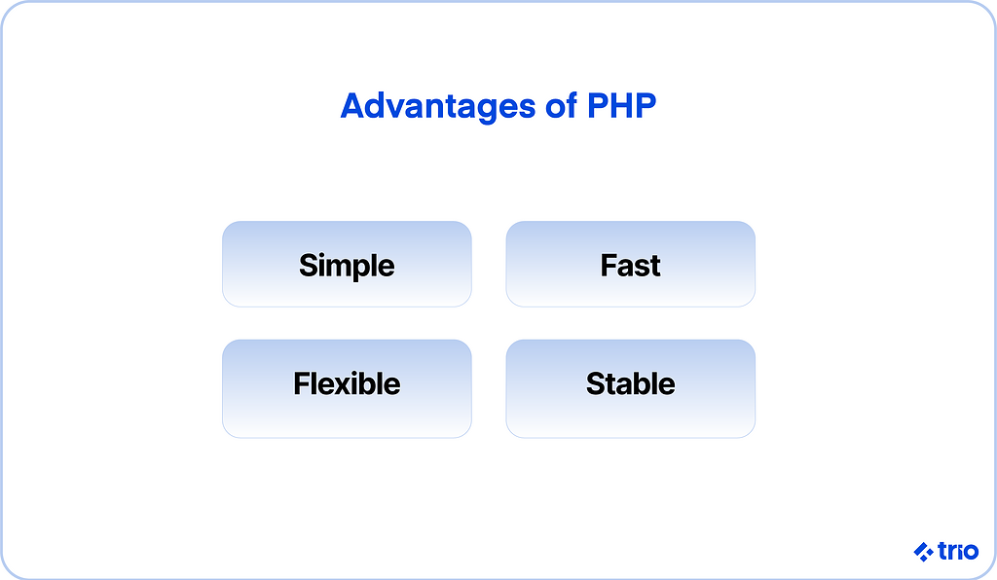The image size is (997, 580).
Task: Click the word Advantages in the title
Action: click(438, 107)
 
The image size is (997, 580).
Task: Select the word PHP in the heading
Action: click(621, 105)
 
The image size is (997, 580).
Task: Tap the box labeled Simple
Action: click(347, 265)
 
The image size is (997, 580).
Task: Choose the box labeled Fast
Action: click(630, 265)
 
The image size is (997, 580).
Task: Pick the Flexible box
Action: click(347, 389)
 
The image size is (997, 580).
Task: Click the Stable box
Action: click(630, 389)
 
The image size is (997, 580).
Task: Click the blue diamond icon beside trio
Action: click(923, 552)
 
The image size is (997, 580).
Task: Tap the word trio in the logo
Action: click(958, 552)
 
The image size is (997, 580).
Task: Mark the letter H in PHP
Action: click(621, 105)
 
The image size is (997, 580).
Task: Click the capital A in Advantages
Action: click(353, 105)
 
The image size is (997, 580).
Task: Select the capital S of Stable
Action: click(595, 383)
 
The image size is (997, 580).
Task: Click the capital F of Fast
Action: click(609, 265)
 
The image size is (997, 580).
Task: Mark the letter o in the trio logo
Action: click(971, 553)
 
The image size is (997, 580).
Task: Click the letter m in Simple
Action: click(336, 268)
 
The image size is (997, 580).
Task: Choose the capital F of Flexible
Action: click(302, 383)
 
